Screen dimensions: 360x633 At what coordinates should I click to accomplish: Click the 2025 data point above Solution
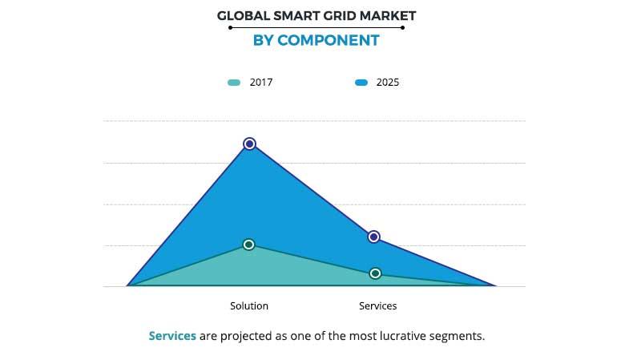click(x=249, y=144)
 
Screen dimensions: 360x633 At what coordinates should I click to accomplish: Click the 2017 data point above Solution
click(x=248, y=245)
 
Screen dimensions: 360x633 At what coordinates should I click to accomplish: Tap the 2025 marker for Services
click(x=373, y=237)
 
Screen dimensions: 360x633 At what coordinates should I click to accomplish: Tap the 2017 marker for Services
click(x=375, y=273)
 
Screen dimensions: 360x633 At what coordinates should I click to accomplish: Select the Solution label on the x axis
click(x=249, y=306)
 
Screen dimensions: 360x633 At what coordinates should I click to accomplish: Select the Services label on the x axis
click(x=377, y=306)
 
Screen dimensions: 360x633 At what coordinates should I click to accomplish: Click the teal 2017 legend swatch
click(x=234, y=83)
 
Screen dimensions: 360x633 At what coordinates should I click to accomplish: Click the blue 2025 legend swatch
click(x=361, y=83)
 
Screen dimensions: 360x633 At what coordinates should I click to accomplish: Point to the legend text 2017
click(x=261, y=83)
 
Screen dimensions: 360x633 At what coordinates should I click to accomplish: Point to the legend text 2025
click(x=388, y=83)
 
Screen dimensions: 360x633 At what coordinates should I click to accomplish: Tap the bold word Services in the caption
click(x=172, y=336)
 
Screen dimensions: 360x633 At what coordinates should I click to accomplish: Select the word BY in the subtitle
click(x=264, y=40)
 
